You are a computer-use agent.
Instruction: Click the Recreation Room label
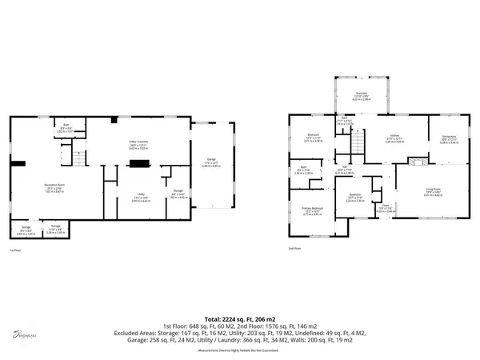coord(54,187)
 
